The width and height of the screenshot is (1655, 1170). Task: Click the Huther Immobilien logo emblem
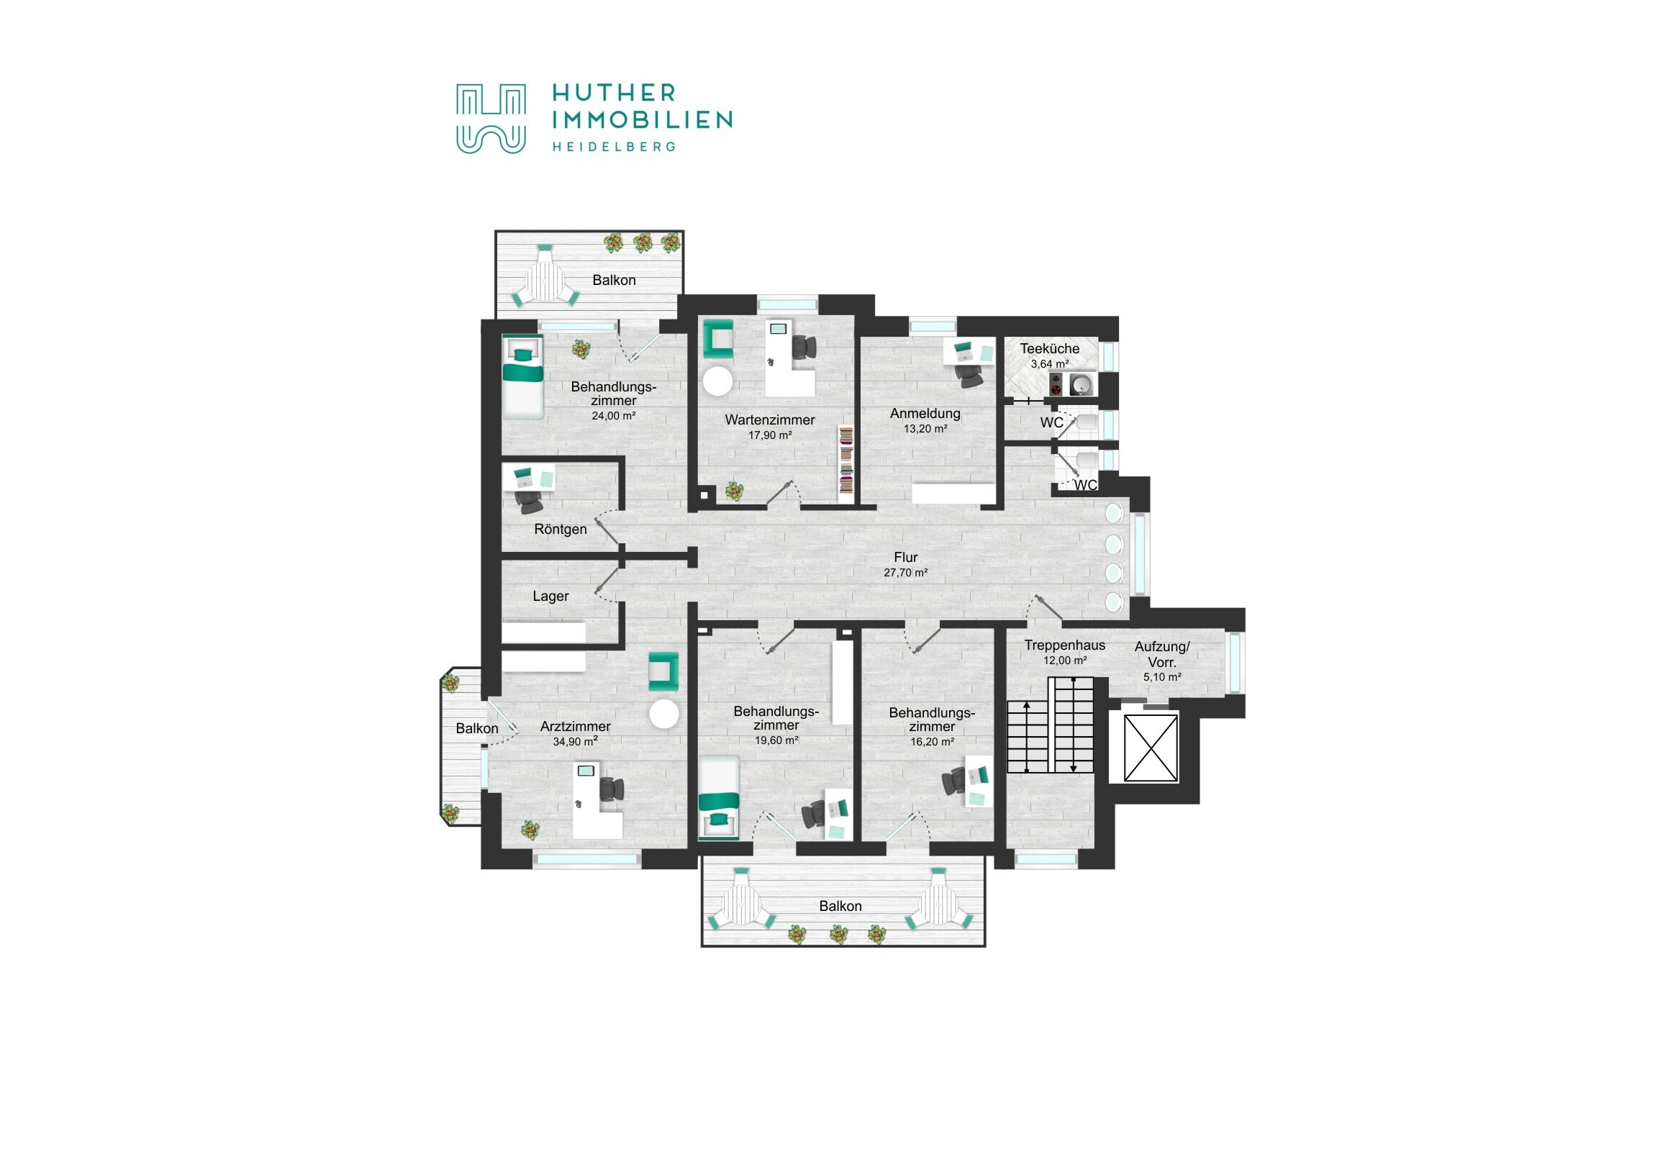pyautogui.click(x=491, y=119)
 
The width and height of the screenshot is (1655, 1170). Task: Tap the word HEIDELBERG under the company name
pyautogui.click(x=614, y=147)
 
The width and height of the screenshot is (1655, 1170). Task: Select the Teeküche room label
pyautogui.click(x=1050, y=349)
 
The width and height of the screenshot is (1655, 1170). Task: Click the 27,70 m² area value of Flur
pyautogui.click(x=905, y=573)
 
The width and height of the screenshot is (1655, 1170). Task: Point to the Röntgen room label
pyautogui.click(x=560, y=530)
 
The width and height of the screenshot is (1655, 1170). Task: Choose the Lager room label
pyautogui.click(x=550, y=597)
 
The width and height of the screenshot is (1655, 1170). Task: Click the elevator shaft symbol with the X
pyautogui.click(x=1151, y=748)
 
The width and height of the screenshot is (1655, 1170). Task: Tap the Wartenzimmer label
pyautogui.click(x=770, y=420)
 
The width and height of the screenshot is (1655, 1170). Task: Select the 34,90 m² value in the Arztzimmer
pyautogui.click(x=575, y=742)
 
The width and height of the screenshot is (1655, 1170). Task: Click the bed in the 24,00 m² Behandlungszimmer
pyautogui.click(x=523, y=377)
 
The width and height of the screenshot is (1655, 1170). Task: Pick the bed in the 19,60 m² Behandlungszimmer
pyautogui.click(x=719, y=798)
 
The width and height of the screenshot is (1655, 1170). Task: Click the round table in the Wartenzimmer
pyautogui.click(x=717, y=381)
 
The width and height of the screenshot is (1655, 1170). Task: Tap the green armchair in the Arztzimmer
pyautogui.click(x=663, y=672)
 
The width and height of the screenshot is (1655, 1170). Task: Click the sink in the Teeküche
pyautogui.click(x=1081, y=385)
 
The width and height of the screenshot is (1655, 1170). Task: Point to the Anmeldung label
pyautogui.click(x=925, y=414)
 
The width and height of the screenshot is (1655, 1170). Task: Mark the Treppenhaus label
pyautogui.click(x=1065, y=646)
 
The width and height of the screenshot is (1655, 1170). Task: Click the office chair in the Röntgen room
pyautogui.click(x=528, y=502)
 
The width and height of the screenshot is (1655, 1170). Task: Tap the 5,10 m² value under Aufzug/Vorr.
pyautogui.click(x=1162, y=678)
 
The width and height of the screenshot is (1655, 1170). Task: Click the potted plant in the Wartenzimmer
pyautogui.click(x=734, y=491)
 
